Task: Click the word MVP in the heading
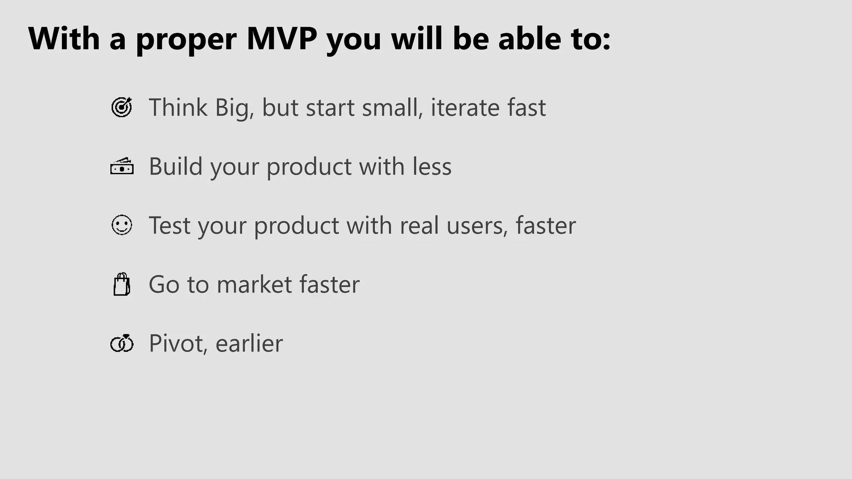pyautogui.click(x=282, y=39)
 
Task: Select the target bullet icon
pyautogui.click(x=121, y=107)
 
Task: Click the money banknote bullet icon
pyautogui.click(x=122, y=166)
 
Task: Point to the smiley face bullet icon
pyautogui.click(x=122, y=225)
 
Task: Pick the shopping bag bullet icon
pyautogui.click(x=122, y=284)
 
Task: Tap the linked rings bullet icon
pyautogui.click(x=122, y=343)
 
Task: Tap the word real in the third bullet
pyautogui.click(x=419, y=225)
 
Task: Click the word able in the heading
pyautogui.click(x=529, y=39)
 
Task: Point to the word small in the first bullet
pyautogui.click(x=392, y=107)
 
